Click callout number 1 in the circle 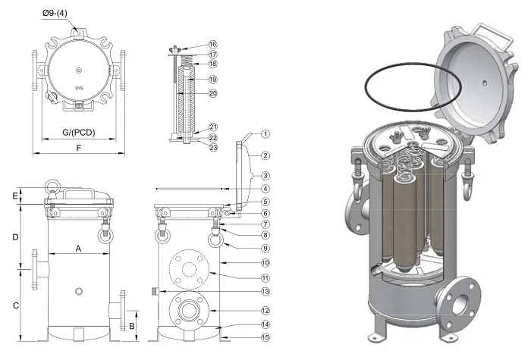266,133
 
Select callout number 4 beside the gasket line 266,188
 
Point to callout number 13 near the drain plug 266,291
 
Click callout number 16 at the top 213,45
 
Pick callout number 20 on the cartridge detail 213,93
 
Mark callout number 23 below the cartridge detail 213,148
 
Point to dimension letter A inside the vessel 78,248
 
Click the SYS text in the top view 79,89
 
